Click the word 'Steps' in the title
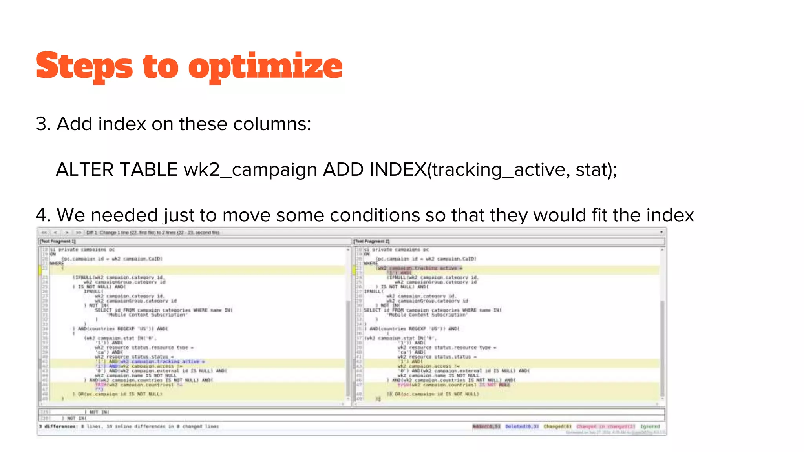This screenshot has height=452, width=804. click(x=84, y=66)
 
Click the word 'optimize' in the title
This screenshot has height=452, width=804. click(x=265, y=66)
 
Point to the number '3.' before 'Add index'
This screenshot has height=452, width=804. click(x=43, y=124)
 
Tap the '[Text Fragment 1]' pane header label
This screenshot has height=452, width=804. click(x=58, y=241)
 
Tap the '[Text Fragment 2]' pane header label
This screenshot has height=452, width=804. click(x=371, y=241)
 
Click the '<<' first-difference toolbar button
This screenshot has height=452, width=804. click(x=44, y=233)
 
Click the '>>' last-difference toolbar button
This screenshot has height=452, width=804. click(x=79, y=233)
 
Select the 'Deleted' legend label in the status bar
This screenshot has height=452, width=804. click(x=522, y=426)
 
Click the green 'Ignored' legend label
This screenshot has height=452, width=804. click(x=650, y=426)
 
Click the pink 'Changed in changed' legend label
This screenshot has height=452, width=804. click(x=605, y=426)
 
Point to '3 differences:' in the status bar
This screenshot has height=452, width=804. click(x=58, y=426)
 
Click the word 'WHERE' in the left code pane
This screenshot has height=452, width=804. click(x=57, y=263)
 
